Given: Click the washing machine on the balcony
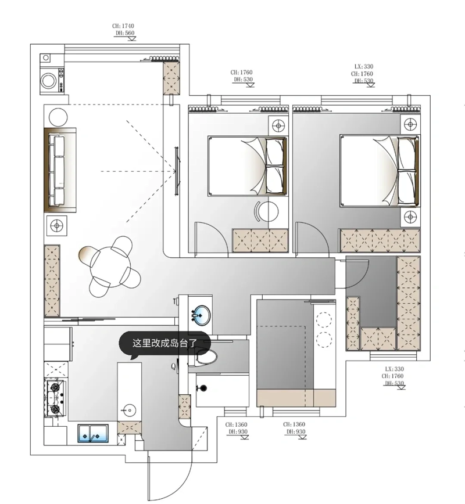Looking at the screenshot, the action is pyautogui.click(x=52, y=80).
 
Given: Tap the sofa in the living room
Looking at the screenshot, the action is pyautogui.click(x=60, y=170).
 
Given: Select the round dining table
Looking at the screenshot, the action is pyautogui.click(x=110, y=267).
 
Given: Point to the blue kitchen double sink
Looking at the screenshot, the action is pyautogui.click(x=93, y=433).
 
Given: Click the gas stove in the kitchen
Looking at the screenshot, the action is pyautogui.click(x=56, y=398).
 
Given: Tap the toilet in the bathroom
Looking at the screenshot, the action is pyautogui.click(x=206, y=357).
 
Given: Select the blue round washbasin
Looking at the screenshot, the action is pyautogui.click(x=201, y=314).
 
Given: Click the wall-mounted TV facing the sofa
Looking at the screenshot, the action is pyautogui.click(x=177, y=171).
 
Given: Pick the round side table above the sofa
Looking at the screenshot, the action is pyautogui.click(x=58, y=117).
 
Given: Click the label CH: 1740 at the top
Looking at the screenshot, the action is pyautogui.click(x=123, y=26).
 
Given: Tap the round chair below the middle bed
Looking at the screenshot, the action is pyautogui.click(x=267, y=211).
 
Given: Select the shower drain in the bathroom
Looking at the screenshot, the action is pyautogui.click(x=203, y=388).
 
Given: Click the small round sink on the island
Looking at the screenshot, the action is pyautogui.click(x=129, y=410).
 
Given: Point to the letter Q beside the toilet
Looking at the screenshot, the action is pyautogui.click(x=173, y=366).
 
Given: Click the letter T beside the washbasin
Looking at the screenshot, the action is pyautogui.click(x=175, y=301).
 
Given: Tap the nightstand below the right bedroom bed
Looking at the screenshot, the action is pyautogui.click(x=410, y=217).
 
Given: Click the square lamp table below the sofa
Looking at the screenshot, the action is pyautogui.click(x=57, y=226).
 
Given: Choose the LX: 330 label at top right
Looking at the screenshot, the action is pyautogui.click(x=364, y=67).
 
